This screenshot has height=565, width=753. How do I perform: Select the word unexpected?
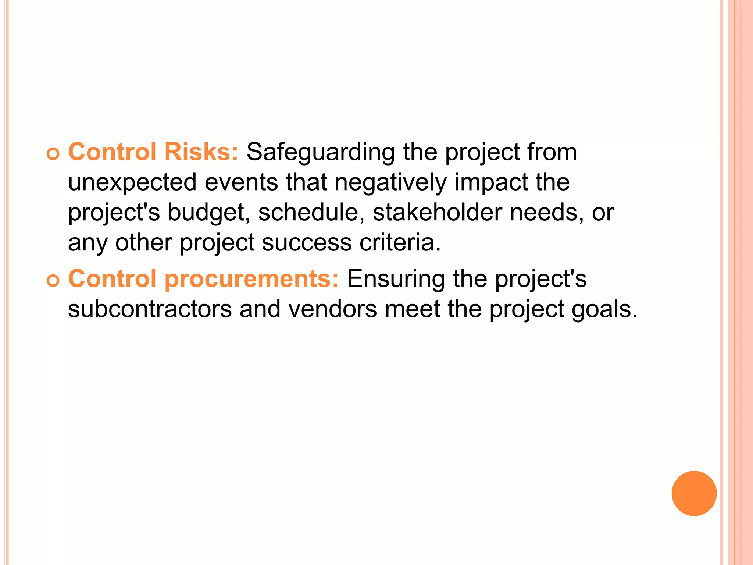[132, 182]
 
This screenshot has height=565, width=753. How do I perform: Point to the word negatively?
[390, 182]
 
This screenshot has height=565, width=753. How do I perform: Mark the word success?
[307, 243]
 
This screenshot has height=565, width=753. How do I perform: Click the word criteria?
[400, 243]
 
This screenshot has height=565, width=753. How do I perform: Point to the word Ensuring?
[396, 279]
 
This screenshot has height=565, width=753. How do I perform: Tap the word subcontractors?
[150, 309]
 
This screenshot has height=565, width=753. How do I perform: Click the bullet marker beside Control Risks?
[53, 154]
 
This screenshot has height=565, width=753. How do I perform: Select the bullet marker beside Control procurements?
[53, 281]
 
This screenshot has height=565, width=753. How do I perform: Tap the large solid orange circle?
[694, 493]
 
